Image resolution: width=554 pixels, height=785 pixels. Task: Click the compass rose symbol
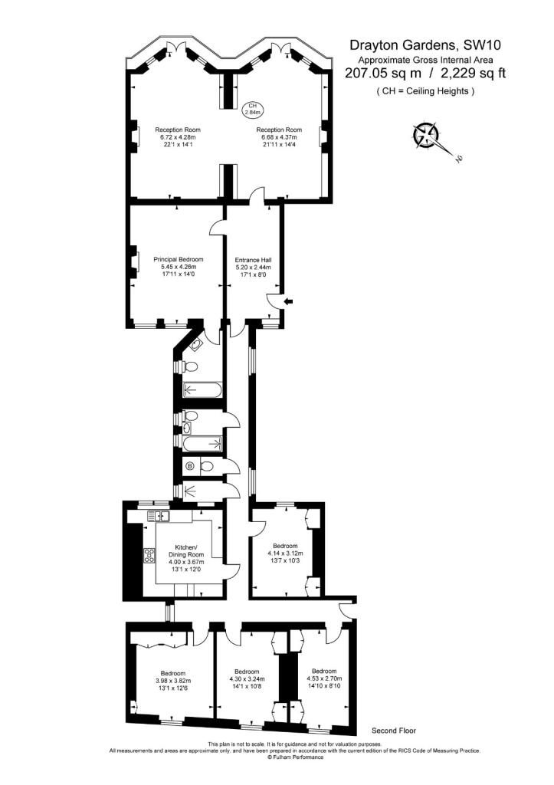pyautogui.click(x=426, y=135)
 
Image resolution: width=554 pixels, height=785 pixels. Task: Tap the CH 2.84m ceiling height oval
pyautogui.click(x=252, y=109)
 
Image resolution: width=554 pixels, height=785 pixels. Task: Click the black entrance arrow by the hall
pyautogui.click(x=289, y=301)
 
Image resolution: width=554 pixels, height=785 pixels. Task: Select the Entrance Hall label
pyautogui.click(x=253, y=260)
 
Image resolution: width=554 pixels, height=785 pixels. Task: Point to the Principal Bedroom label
pyautogui.click(x=179, y=259)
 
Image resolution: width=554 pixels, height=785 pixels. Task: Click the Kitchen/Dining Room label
pyautogui.click(x=186, y=550)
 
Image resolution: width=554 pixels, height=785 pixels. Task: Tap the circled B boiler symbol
pyautogui.click(x=190, y=467)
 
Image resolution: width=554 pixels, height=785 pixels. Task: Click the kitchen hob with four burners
pyautogui.click(x=149, y=555)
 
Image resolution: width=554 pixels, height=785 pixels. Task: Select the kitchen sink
pyautogui.click(x=159, y=515)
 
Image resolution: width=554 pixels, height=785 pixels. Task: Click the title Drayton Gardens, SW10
pyautogui.click(x=425, y=45)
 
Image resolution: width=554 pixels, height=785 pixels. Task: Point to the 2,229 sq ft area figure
pyautogui.click(x=473, y=73)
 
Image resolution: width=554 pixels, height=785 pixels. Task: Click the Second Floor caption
pyautogui.click(x=394, y=731)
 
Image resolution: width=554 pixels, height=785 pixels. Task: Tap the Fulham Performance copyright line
pyautogui.click(x=295, y=757)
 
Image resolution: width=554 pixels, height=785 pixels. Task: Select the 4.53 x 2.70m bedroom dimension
pyautogui.click(x=324, y=679)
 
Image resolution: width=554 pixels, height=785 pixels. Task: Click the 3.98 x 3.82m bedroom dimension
pyautogui.click(x=173, y=681)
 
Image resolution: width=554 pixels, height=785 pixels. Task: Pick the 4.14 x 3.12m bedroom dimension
pyautogui.click(x=285, y=553)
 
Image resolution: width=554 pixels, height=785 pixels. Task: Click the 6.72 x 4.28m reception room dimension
pyautogui.click(x=178, y=137)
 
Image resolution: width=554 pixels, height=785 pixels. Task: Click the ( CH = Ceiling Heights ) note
pyautogui.click(x=425, y=91)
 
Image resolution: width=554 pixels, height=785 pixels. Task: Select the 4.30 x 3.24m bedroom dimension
pyautogui.click(x=247, y=679)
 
